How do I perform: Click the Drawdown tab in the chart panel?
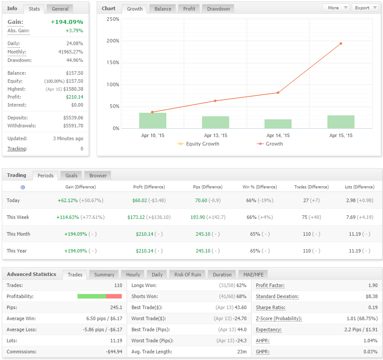(218, 9)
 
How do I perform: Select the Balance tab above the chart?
(162, 9)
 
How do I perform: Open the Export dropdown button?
(365, 8)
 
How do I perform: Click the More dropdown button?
(336, 8)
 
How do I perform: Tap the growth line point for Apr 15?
(341, 44)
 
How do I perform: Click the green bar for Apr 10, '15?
(153, 120)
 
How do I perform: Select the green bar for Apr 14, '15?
(278, 124)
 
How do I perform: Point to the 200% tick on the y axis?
(113, 41)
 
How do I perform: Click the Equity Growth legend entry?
(198, 144)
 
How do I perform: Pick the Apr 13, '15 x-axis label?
(216, 135)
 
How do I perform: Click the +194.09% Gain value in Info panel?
(67, 22)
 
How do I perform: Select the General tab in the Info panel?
(60, 9)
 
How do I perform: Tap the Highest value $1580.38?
(73, 89)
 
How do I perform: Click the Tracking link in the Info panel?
(17, 149)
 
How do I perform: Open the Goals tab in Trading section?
(71, 176)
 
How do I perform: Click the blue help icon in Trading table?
(23, 188)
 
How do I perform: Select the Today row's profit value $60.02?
(140, 200)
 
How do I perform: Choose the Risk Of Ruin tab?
(188, 275)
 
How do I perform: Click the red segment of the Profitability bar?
(114, 296)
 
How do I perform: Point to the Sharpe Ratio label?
(271, 307)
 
